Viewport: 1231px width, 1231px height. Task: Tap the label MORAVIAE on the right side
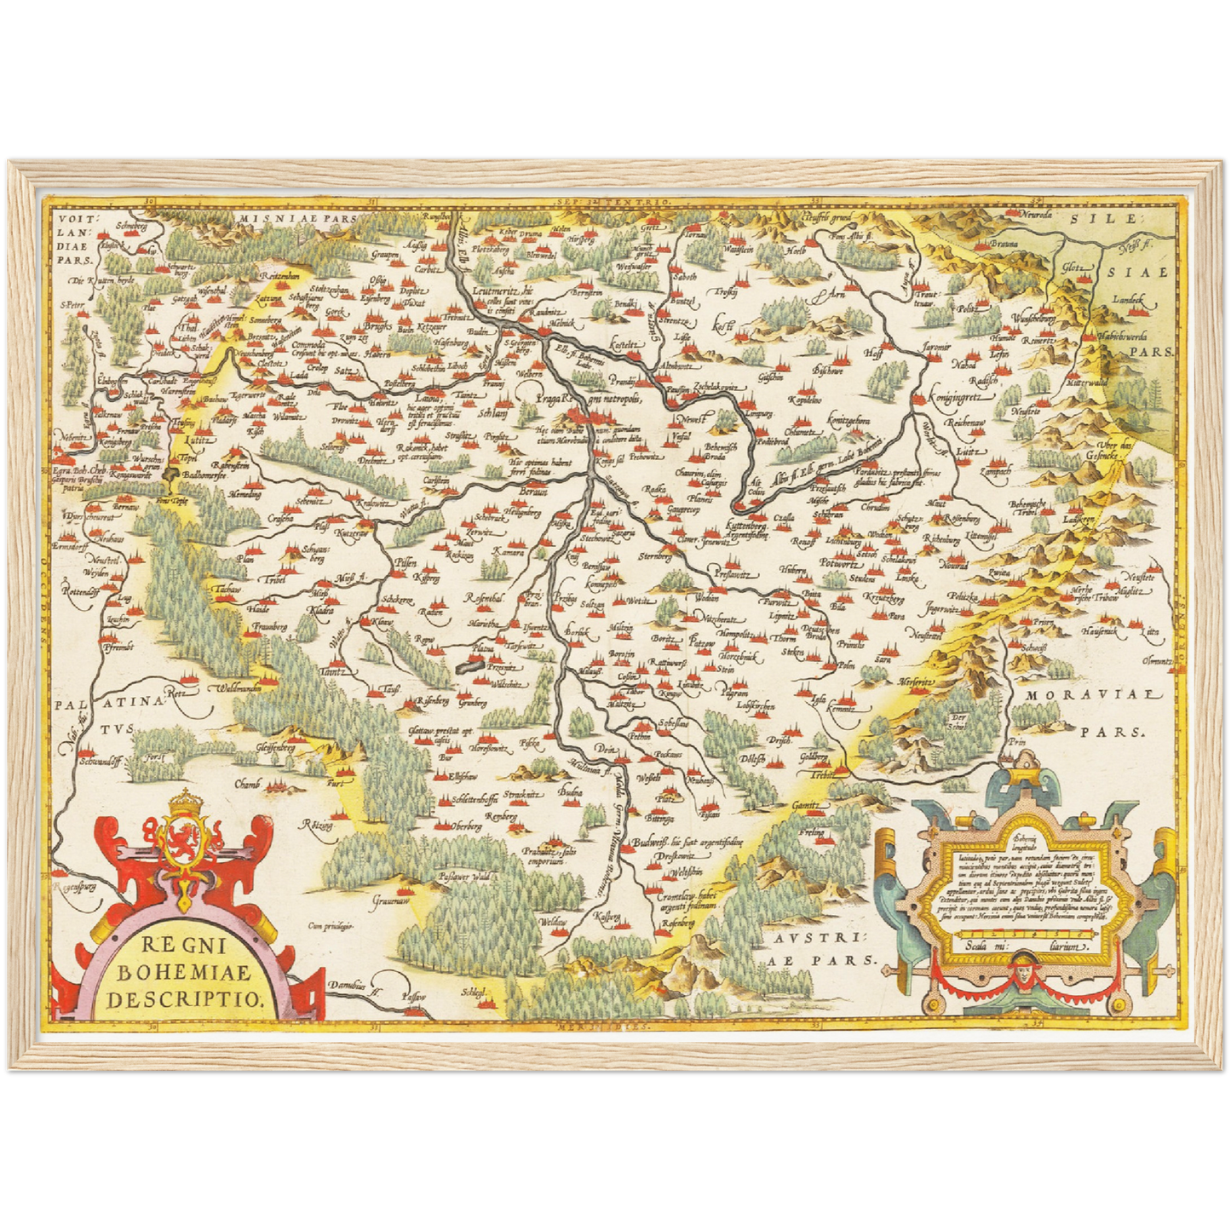(x=1081, y=694)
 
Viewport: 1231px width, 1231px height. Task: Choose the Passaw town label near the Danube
(x=414, y=996)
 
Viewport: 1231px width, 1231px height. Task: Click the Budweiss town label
(x=653, y=842)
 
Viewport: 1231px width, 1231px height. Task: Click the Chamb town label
(x=247, y=783)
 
